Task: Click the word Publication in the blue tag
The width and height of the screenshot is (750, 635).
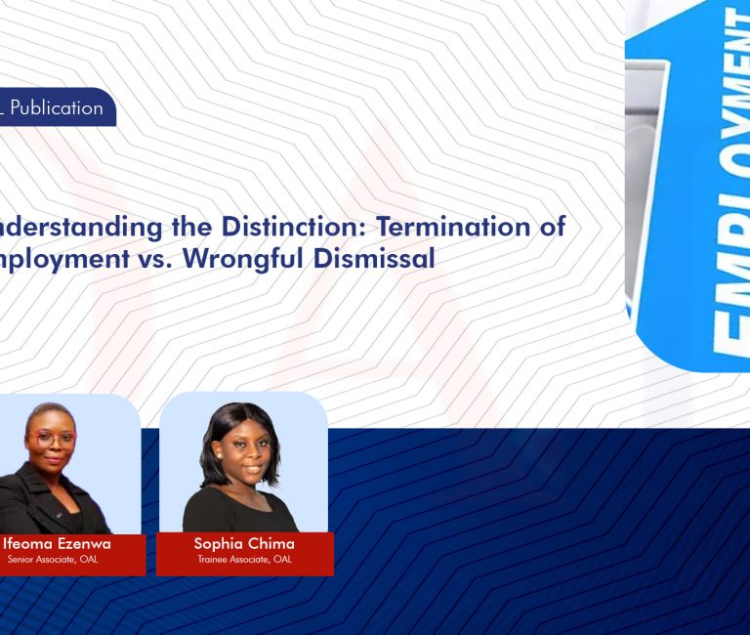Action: (x=57, y=108)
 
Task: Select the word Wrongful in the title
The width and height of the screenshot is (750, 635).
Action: (x=249, y=260)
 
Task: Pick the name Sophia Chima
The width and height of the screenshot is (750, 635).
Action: (x=244, y=543)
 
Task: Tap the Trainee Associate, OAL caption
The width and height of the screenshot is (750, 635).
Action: (x=244, y=560)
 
